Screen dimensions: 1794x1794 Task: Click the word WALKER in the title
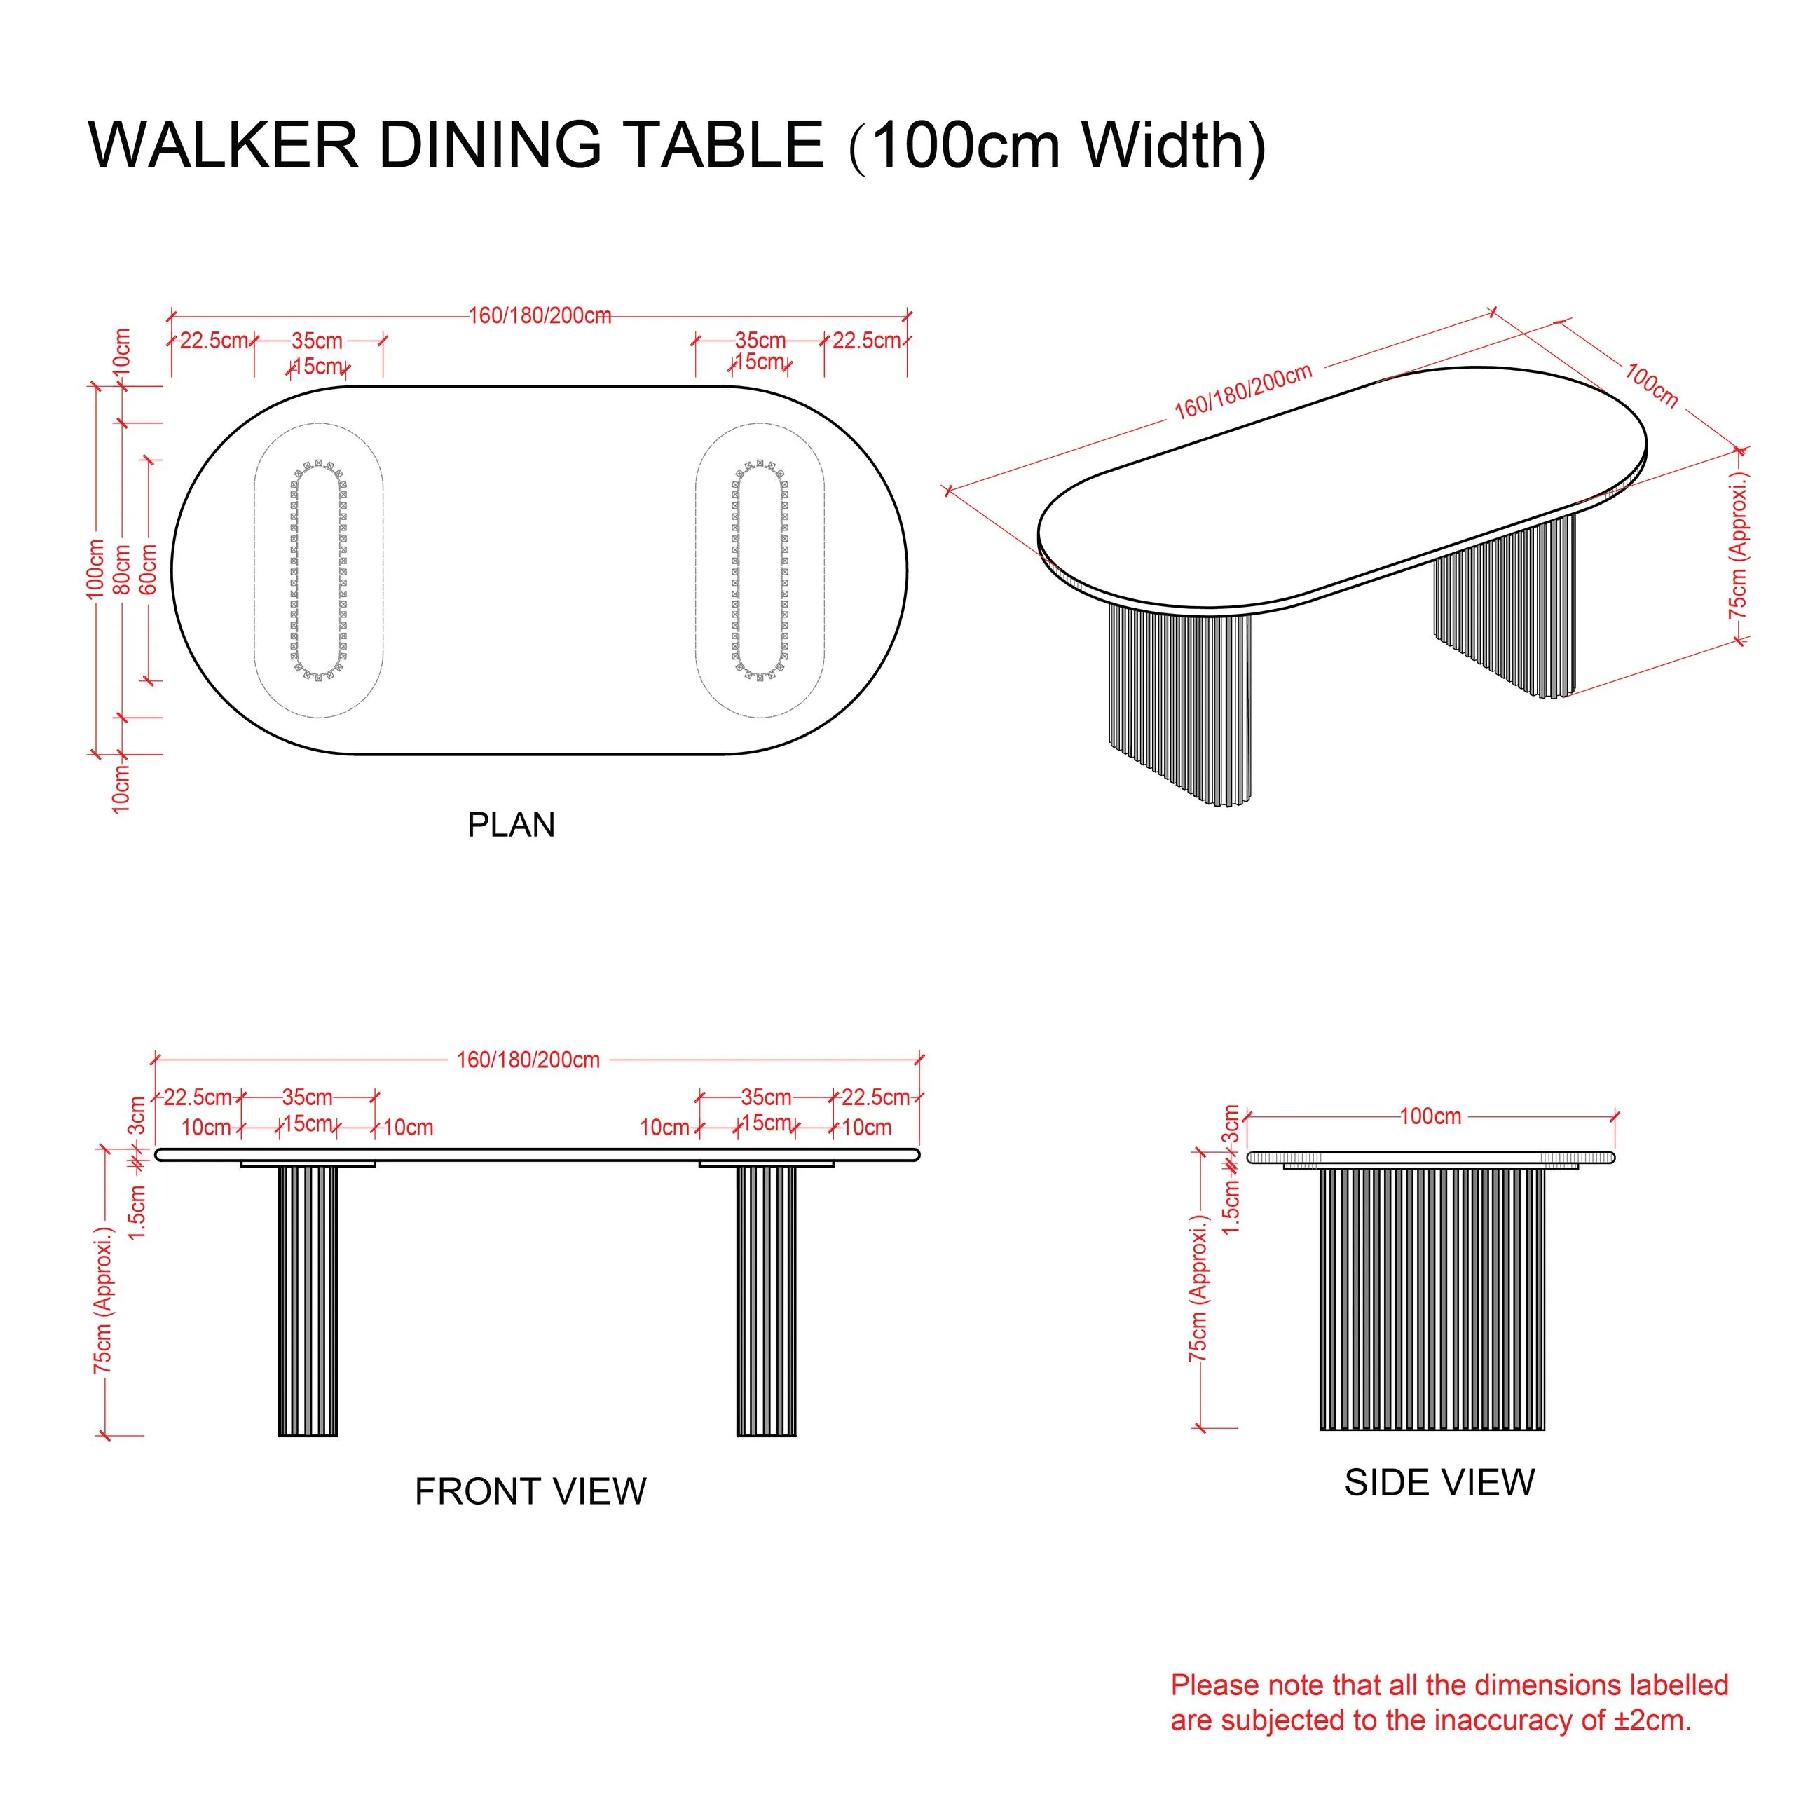click(x=223, y=145)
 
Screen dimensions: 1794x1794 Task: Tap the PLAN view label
click(x=511, y=825)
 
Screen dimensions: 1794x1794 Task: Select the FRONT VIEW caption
click(x=530, y=1491)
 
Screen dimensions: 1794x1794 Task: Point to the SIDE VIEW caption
click(x=1439, y=1482)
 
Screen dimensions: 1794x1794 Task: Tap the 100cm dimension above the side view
click(x=1430, y=1116)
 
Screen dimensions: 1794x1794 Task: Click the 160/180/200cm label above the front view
click(x=528, y=1060)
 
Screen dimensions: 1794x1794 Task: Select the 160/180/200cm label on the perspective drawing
click(x=1242, y=391)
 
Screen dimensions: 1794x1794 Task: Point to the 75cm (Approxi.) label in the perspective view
click(x=1737, y=545)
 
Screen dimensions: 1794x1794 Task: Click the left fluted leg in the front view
click(x=308, y=1301)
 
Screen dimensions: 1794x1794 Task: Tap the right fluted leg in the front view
click(x=766, y=1301)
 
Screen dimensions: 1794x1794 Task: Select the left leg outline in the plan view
click(x=318, y=570)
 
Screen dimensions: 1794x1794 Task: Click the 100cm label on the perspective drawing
click(x=1652, y=385)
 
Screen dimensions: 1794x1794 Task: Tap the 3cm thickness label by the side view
click(x=1231, y=1125)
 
